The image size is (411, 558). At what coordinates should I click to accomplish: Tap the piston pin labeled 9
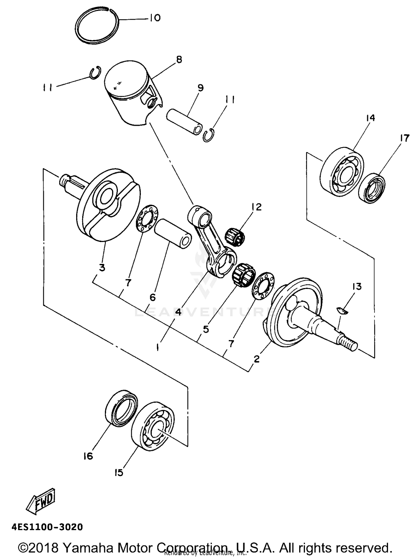click(x=184, y=122)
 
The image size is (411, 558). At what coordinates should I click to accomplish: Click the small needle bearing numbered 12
click(x=236, y=236)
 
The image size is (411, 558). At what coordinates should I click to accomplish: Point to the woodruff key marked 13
click(x=342, y=310)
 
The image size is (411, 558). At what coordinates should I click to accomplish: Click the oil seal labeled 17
click(x=372, y=188)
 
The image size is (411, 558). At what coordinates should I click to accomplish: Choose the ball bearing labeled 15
click(x=153, y=427)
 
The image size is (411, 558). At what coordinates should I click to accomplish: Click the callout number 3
click(x=102, y=267)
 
